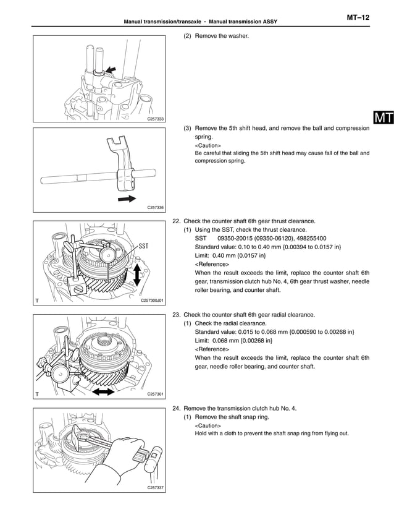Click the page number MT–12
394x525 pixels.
[358, 18]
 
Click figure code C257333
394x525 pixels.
[155, 118]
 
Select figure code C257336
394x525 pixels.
[155, 208]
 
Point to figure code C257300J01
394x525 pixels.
[151, 301]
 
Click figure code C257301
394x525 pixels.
[155, 394]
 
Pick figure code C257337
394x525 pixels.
[155, 488]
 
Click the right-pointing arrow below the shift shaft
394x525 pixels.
[127, 198]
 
